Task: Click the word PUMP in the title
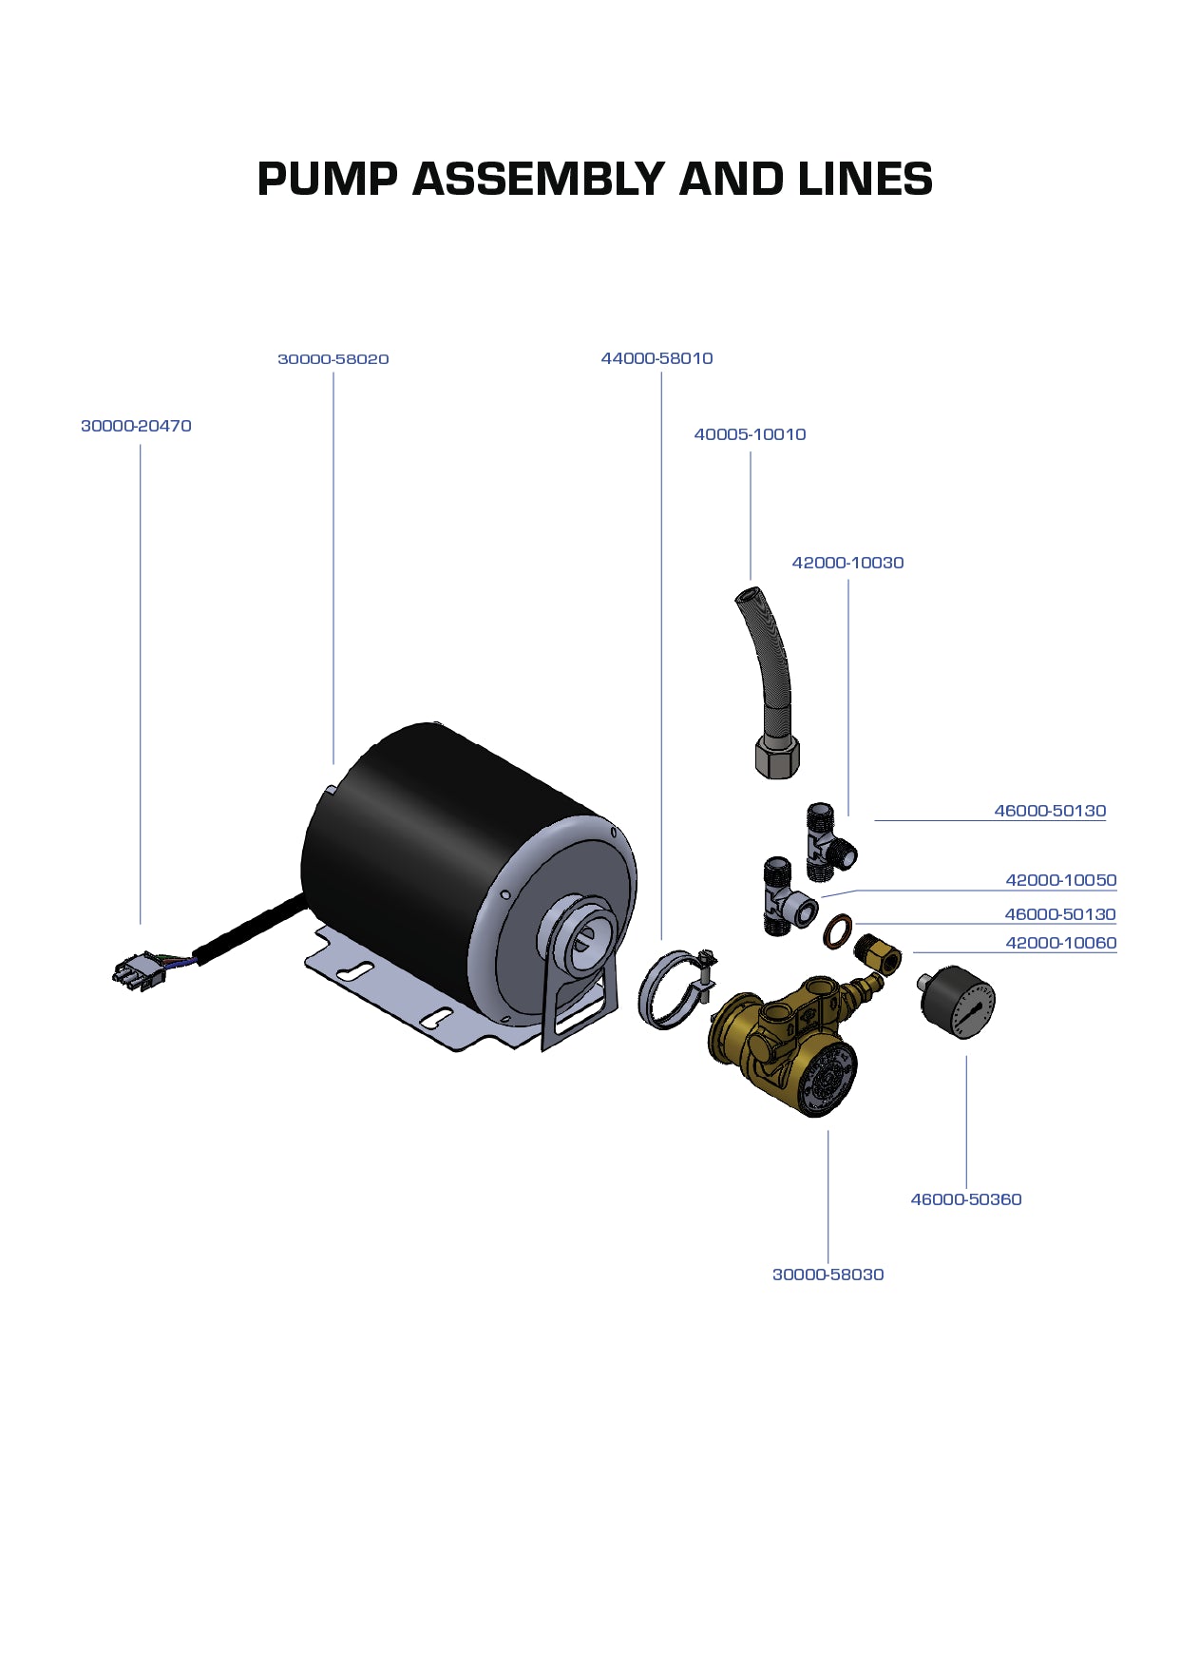point(327,180)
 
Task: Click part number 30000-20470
point(136,426)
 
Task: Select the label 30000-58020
point(333,359)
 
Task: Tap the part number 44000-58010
point(657,358)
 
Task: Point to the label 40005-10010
point(750,434)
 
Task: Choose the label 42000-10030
point(847,563)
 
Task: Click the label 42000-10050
point(1060,880)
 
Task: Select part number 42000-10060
point(1060,943)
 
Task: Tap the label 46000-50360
point(965,1199)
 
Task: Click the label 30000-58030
point(828,1275)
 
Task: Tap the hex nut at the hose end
point(777,757)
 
